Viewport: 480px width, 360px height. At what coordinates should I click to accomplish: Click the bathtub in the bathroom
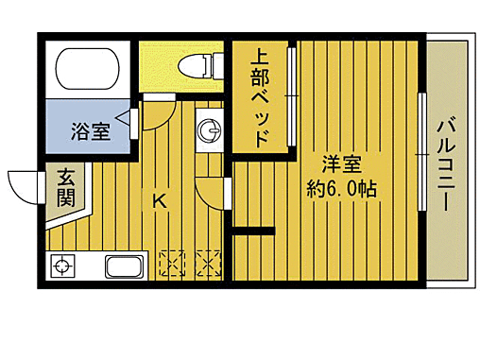click(x=90, y=68)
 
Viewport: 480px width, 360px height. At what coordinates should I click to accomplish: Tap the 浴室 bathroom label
click(x=90, y=131)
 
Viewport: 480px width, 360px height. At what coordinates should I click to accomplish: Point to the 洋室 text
click(x=342, y=163)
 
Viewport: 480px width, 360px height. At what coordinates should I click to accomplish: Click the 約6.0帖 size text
click(x=342, y=188)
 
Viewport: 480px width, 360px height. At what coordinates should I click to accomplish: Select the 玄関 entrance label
click(x=66, y=186)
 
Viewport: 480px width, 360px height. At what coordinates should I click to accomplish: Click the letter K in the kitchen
click(x=159, y=200)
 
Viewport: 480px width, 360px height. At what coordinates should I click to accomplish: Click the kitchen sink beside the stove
click(x=123, y=267)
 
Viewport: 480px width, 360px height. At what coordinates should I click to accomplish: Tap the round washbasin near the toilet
click(x=208, y=130)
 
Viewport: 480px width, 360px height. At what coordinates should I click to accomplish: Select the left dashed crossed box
click(x=174, y=263)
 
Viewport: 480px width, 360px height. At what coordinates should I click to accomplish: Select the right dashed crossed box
click(x=207, y=263)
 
